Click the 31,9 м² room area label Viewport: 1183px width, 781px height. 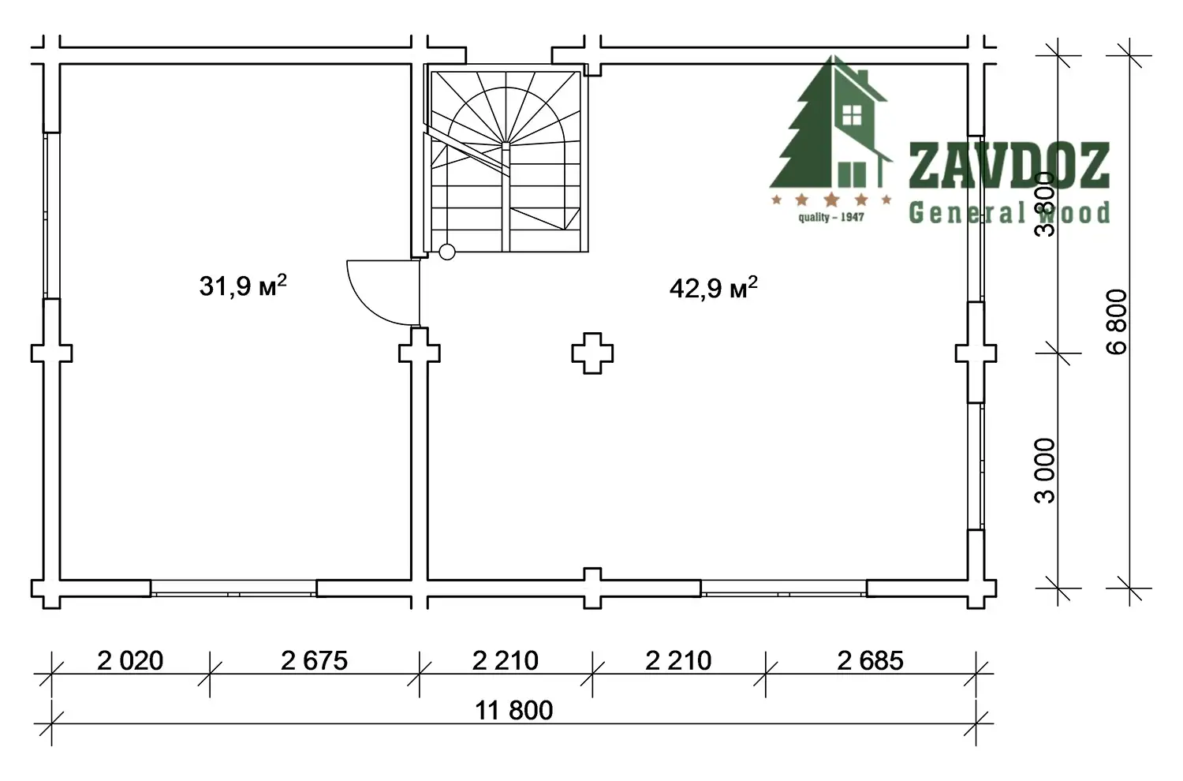tap(243, 286)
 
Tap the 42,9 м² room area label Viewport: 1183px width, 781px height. tap(714, 289)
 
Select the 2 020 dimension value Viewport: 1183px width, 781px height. tap(130, 661)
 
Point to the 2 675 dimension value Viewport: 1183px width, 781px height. tap(314, 661)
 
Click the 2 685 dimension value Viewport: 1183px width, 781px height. tap(871, 661)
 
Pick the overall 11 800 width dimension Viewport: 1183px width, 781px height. tap(514, 711)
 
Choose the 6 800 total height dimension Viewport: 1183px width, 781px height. tap(1117, 322)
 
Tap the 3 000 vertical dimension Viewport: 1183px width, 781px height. tap(1045, 471)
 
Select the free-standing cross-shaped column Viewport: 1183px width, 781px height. tap(592, 353)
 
